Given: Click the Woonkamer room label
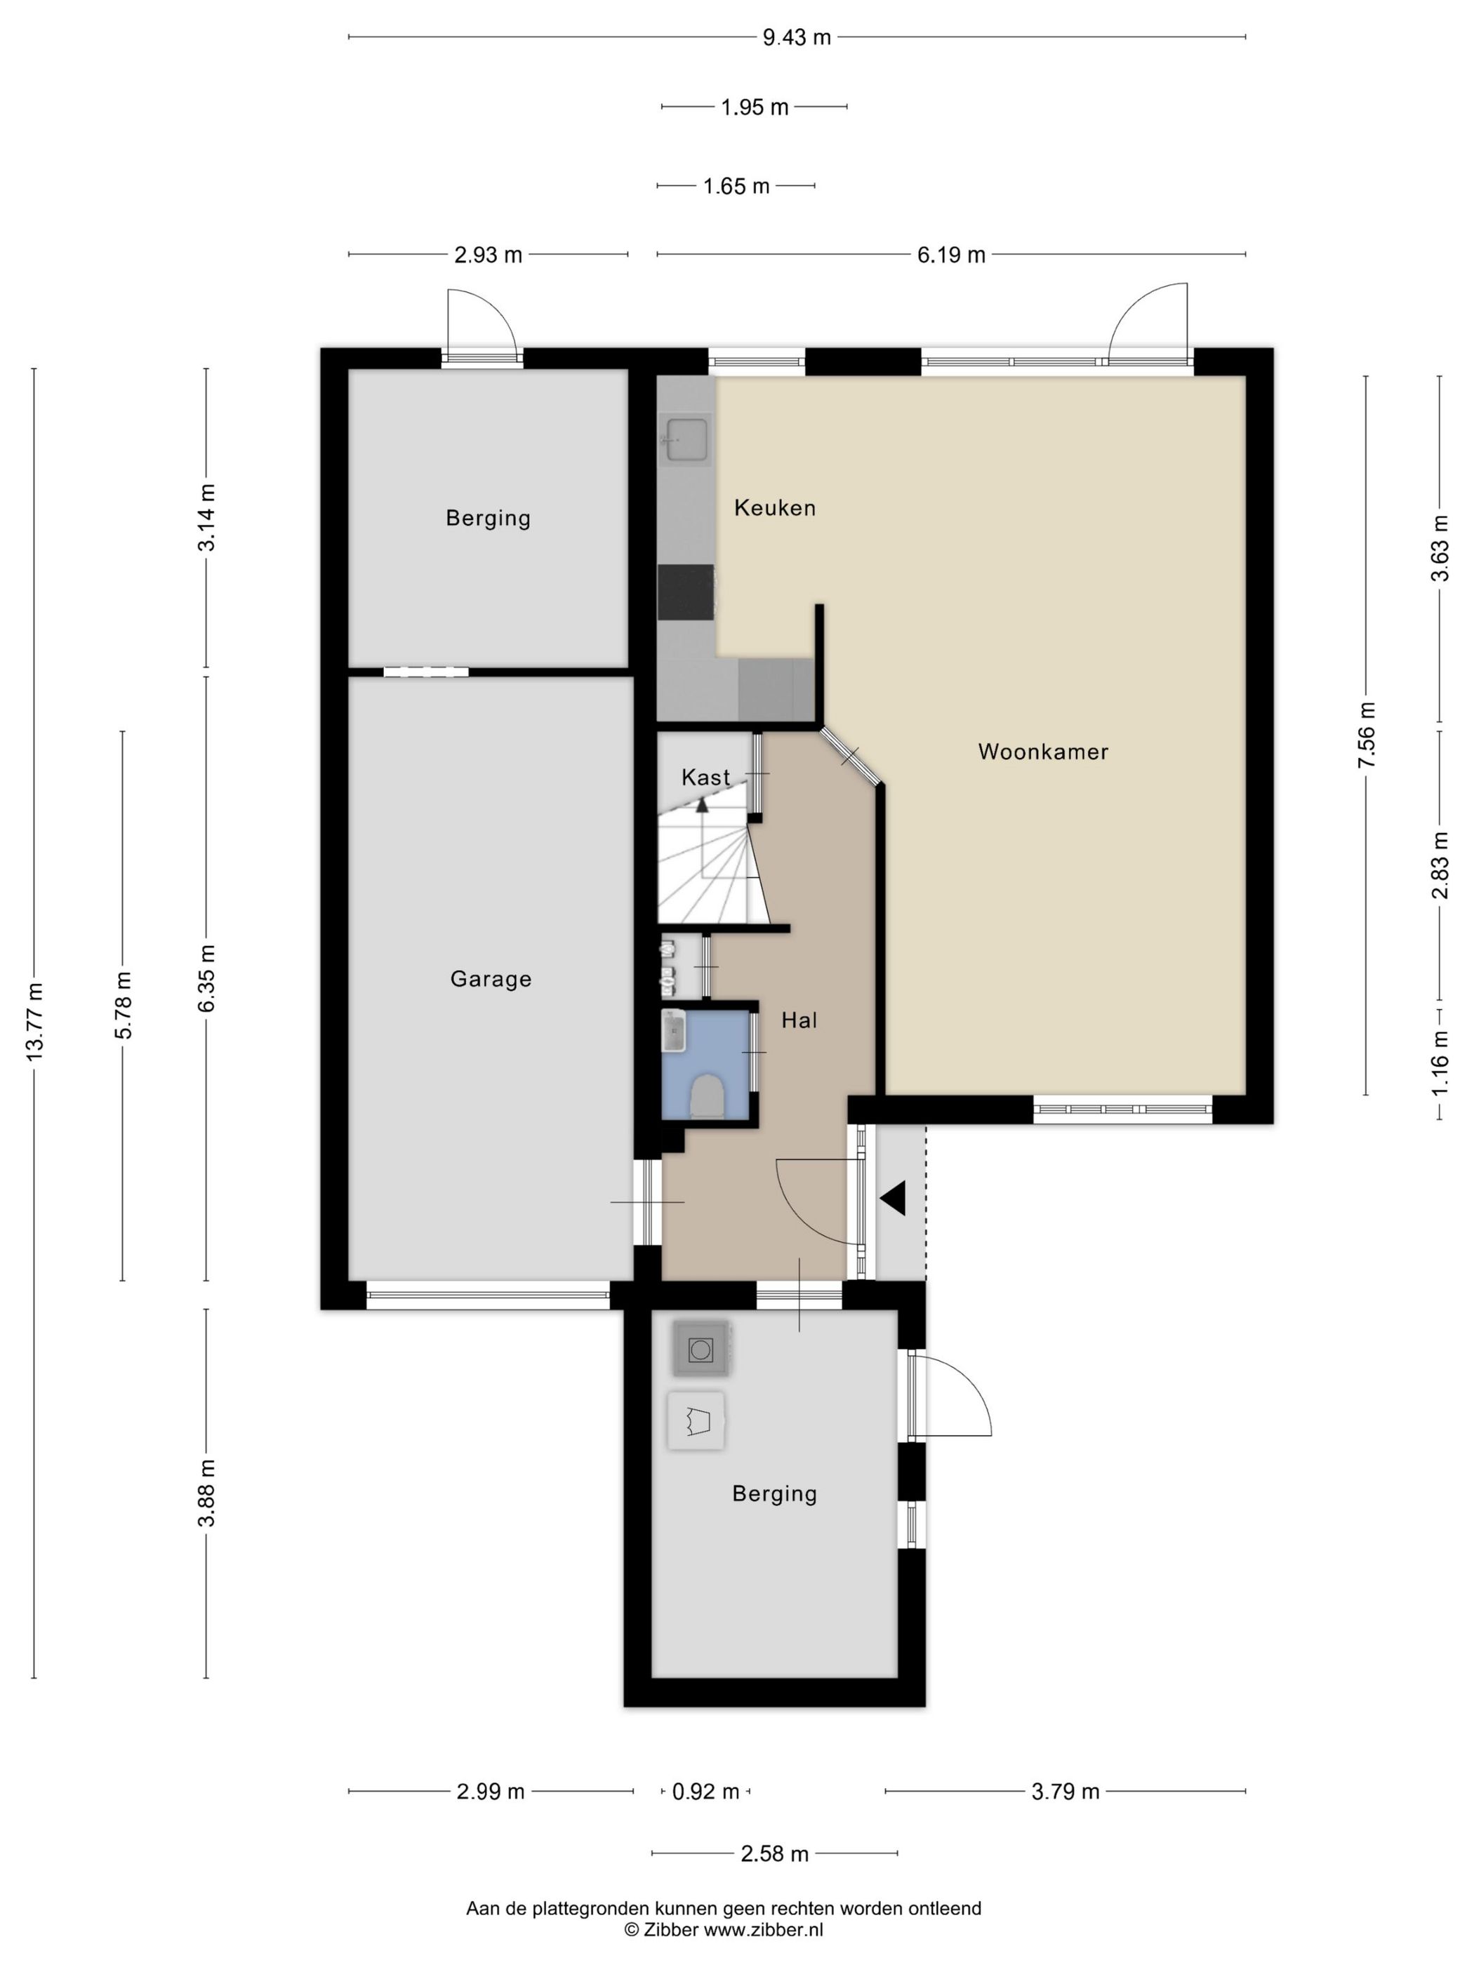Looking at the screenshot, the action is (x=1042, y=752).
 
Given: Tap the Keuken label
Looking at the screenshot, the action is (x=774, y=507).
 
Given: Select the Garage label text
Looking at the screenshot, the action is (x=491, y=979).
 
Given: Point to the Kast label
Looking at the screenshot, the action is (x=705, y=778).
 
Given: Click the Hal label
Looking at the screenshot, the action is (x=799, y=1020).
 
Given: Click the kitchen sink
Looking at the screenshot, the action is (x=686, y=440).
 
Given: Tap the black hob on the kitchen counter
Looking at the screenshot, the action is (x=685, y=592).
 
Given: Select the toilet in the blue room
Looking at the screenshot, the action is (x=708, y=1096).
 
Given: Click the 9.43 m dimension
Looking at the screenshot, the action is (x=796, y=37).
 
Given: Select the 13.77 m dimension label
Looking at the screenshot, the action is (x=34, y=1022).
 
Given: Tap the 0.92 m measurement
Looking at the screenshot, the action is (x=705, y=1792).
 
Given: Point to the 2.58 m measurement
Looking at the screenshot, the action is (x=774, y=1854).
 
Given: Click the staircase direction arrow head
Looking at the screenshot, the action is (x=702, y=806).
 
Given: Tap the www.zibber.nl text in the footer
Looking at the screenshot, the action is (x=764, y=1929).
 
